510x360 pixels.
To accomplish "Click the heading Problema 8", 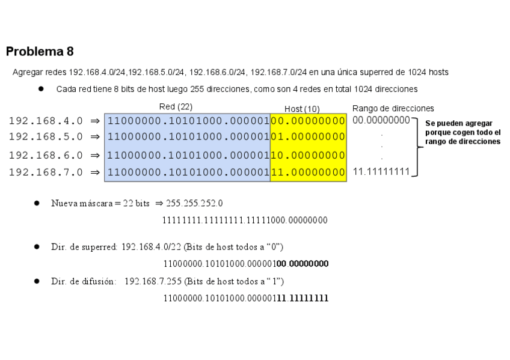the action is (40, 52).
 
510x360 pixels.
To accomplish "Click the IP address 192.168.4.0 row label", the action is (46, 121).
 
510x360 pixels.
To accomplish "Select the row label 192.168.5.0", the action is (46, 137).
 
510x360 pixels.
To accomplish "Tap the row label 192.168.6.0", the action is (46, 155).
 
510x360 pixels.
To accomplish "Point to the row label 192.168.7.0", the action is (46, 172).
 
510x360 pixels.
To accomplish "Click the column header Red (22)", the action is (176, 107).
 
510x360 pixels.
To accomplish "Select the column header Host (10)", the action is (302, 109).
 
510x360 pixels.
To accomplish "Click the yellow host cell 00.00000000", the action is (308, 121).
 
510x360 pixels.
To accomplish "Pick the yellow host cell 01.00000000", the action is (308, 137).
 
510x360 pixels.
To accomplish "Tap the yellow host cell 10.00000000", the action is (308, 155).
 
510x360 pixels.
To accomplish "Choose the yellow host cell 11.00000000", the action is (308, 172).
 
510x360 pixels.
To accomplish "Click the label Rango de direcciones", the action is (393, 109).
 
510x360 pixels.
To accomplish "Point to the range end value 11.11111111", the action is (381, 172).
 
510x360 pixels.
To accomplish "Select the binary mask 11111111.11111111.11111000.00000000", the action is (245, 221).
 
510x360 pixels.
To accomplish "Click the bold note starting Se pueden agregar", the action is (462, 132).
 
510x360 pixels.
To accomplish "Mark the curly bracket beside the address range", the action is (416, 146).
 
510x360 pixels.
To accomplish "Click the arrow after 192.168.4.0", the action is (94, 121).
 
